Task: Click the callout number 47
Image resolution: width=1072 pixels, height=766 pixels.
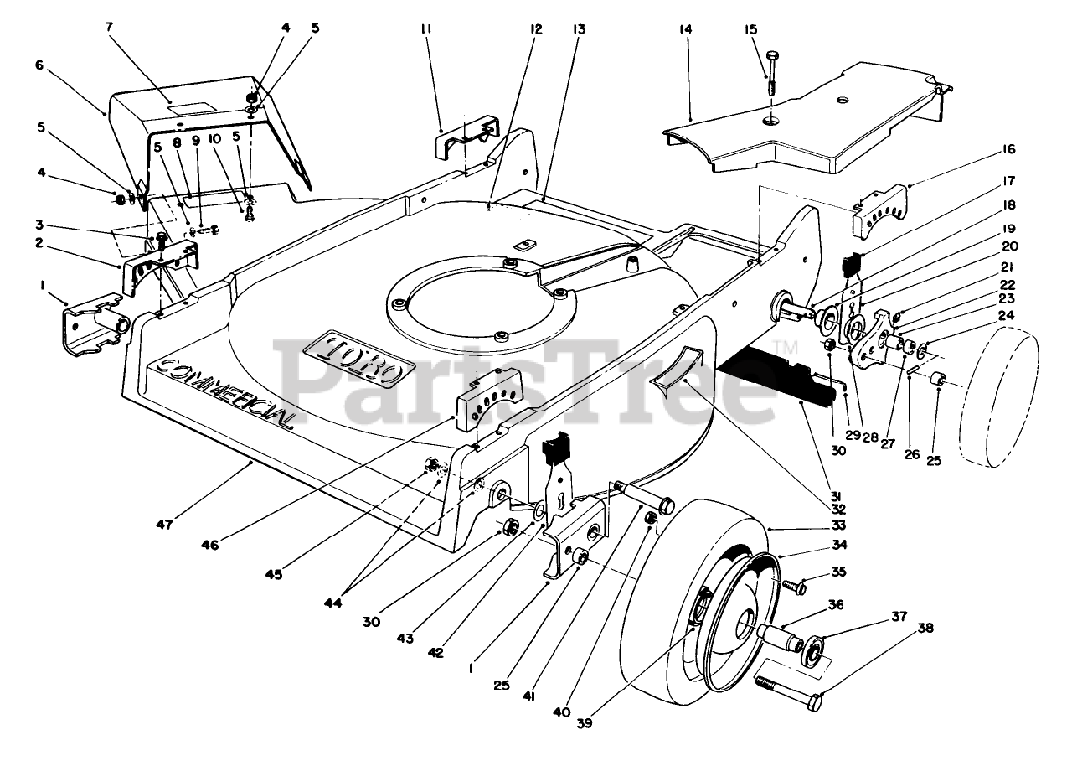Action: click(165, 525)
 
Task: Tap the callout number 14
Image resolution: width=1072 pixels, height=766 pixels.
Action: click(685, 29)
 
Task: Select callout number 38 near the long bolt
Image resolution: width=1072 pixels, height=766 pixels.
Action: click(925, 628)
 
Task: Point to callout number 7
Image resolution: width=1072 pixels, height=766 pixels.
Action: click(110, 27)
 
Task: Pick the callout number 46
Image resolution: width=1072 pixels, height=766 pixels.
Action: click(209, 545)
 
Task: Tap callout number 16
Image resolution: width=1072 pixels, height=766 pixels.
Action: click(1008, 149)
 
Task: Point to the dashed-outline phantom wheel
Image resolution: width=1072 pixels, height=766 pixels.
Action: click(999, 397)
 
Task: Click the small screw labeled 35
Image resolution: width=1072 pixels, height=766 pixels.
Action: click(793, 586)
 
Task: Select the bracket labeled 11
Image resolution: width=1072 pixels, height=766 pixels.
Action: click(467, 136)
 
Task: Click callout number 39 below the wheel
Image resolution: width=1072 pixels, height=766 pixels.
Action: click(585, 722)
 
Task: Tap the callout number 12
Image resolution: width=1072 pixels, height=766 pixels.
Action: click(536, 29)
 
